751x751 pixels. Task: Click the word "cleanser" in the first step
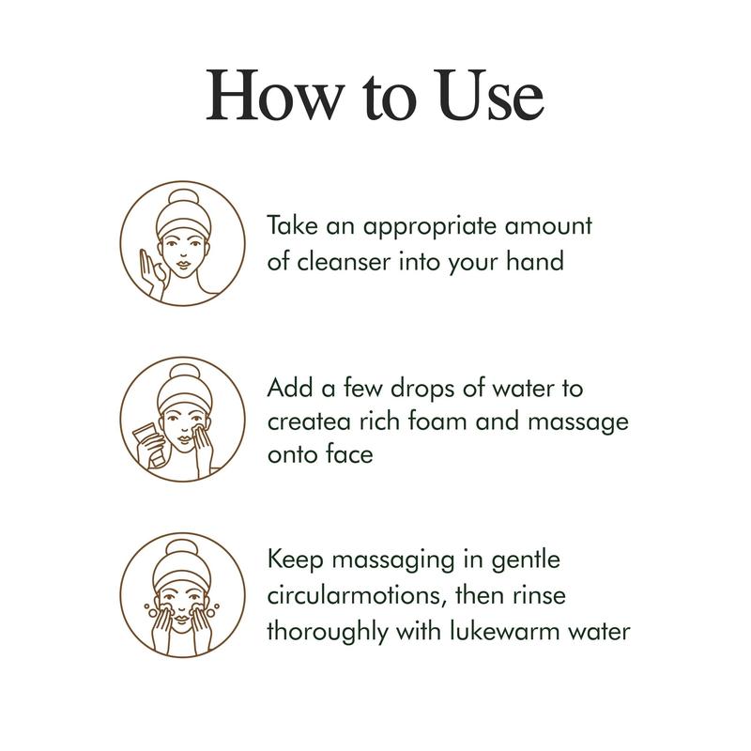tap(344, 262)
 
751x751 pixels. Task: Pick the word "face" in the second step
tap(348, 453)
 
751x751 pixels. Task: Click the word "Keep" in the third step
tap(295, 560)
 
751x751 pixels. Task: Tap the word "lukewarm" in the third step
tap(504, 631)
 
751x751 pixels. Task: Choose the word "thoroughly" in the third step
tap(327, 632)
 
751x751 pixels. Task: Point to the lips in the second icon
tap(183, 438)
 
